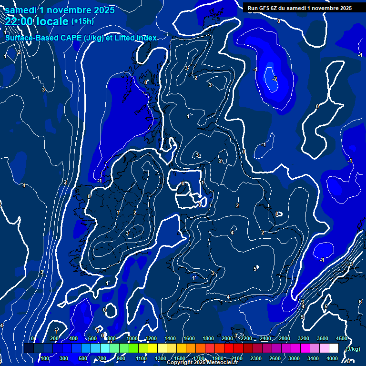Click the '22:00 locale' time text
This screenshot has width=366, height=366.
pyautogui.click(x=37, y=21)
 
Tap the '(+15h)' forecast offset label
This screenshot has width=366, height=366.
pyautogui.click(x=82, y=21)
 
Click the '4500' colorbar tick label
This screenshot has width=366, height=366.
pyautogui.click(x=341, y=338)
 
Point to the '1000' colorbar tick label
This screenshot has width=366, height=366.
pyautogui.click(x=132, y=338)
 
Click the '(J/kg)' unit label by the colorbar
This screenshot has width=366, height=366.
pyautogui.click(x=352, y=349)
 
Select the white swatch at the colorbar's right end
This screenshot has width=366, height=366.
pyautogui.click(x=334, y=348)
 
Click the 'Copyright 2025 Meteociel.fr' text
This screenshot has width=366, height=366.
pyautogui.click(x=203, y=363)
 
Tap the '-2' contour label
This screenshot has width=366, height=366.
pyautogui.click(x=274, y=79)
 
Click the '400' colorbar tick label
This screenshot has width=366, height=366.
pyautogui.click(x=74, y=338)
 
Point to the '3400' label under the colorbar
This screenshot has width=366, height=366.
pyautogui.click(x=314, y=358)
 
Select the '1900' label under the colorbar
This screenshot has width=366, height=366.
pyautogui.click(x=218, y=358)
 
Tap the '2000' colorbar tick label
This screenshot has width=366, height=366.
pyautogui.click(x=227, y=338)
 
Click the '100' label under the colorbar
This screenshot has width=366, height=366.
pyautogui.click(x=45, y=358)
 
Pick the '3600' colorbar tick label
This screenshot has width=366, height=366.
pyautogui.click(x=323, y=338)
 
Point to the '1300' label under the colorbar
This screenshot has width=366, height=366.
pyautogui.click(x=161, y=358)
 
